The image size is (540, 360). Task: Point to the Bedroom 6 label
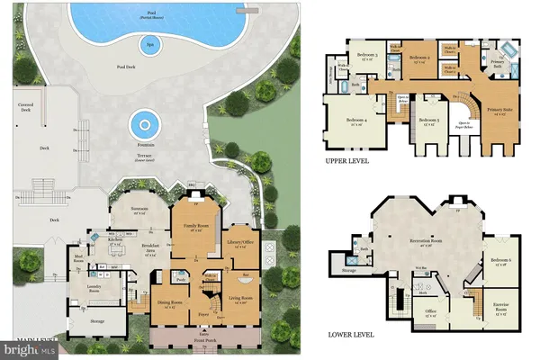[502, 261]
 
